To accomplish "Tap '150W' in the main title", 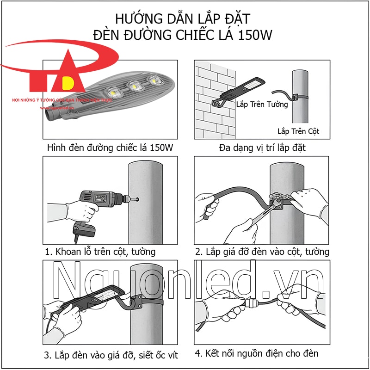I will tap(256, 35).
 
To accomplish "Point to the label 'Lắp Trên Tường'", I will tap(262, 105).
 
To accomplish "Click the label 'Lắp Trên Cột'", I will tap(298, 131).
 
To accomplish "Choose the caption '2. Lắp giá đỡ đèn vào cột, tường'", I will tap(262, 252).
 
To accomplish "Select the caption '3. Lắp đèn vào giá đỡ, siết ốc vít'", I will tap(111, 355).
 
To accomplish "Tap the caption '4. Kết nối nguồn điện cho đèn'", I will tap(257, 354).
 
